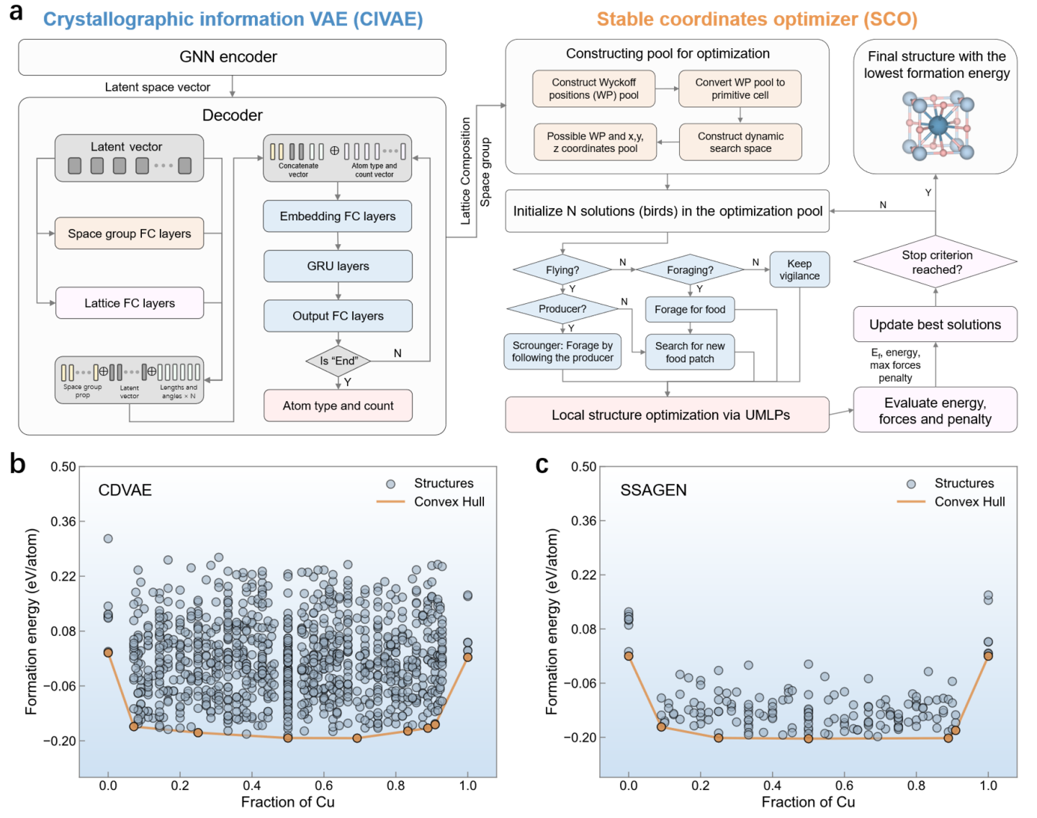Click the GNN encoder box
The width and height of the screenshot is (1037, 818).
point(232,57)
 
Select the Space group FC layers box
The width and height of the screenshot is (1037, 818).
point(130,233)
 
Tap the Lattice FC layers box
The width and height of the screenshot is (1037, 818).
point(130,303)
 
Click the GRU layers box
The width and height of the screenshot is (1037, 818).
point(338,266)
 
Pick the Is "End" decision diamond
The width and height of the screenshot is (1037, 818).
point(338,361)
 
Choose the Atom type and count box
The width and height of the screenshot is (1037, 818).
point(338,405)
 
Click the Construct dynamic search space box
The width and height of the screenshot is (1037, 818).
point(740,142)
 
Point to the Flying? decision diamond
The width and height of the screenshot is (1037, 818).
point(562,270)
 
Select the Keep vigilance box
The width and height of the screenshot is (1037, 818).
point(799,270)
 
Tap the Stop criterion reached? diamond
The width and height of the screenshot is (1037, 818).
point(936,262)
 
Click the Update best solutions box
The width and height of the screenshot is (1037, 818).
point(935,325)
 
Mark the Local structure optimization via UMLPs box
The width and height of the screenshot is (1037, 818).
point(668,415)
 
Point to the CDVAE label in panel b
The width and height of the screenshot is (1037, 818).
point(125,490)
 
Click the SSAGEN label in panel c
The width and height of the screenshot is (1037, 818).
point(653,490)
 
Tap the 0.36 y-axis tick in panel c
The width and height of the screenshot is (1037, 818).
point(583,521)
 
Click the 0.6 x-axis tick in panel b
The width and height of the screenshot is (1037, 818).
point(324,786)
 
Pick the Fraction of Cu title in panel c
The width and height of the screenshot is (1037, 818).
point(808,802)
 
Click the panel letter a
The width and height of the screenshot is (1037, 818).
point(16,13)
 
